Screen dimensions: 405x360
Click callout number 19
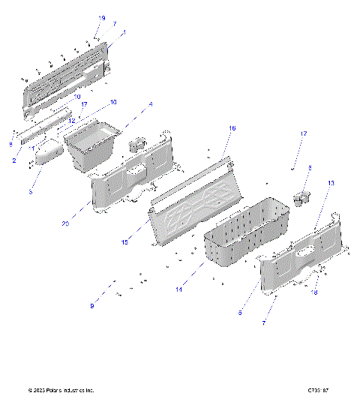102,18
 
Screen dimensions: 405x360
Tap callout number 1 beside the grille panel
124,33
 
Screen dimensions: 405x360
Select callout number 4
150,103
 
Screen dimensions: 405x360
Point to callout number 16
232,129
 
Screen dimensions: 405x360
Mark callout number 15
125,242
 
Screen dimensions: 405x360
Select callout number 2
13,160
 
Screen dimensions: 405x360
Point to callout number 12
73,121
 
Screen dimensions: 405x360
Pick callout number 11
32,148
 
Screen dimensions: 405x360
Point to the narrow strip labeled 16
191,178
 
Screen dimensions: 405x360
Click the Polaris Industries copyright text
61,391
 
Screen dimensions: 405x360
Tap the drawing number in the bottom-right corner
318,391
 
